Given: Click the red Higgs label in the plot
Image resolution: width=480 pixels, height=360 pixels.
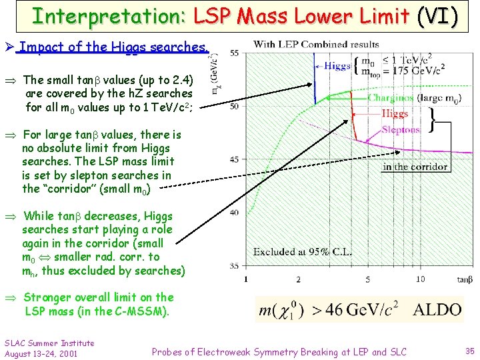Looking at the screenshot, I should point(395,114).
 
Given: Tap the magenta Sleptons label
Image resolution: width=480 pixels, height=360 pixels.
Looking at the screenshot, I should point(401,131).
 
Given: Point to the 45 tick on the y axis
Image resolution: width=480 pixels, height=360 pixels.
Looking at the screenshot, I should point(234,159).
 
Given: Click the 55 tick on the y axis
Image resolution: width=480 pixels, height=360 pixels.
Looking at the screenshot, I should point(234,53).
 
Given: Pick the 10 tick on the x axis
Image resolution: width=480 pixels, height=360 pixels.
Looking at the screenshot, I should point(419,279).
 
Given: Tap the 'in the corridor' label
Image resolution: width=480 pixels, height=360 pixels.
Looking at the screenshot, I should point(415,167).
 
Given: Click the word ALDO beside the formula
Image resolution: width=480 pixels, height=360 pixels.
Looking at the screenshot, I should point(437,310).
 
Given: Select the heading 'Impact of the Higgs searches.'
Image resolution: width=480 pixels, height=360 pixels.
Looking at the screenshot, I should point(113,47).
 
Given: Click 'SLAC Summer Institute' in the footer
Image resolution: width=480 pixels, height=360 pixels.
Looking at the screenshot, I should point(49,343).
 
